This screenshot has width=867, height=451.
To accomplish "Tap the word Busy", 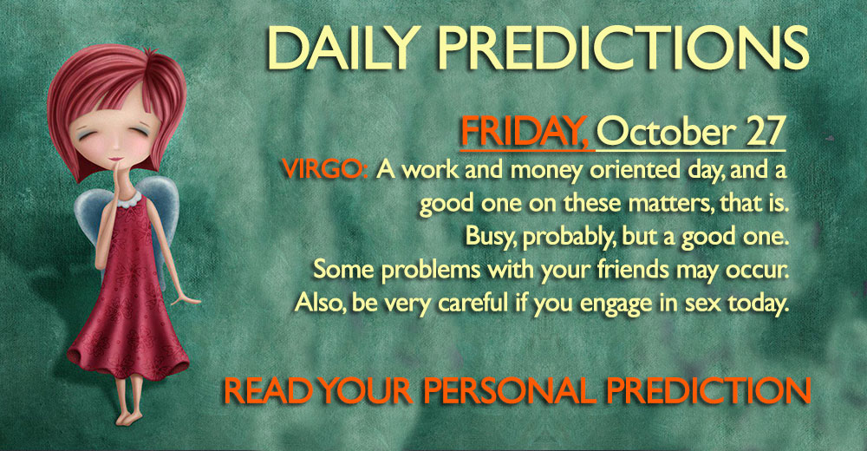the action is click(491, 237).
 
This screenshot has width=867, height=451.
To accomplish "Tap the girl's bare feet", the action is click(131, 416).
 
